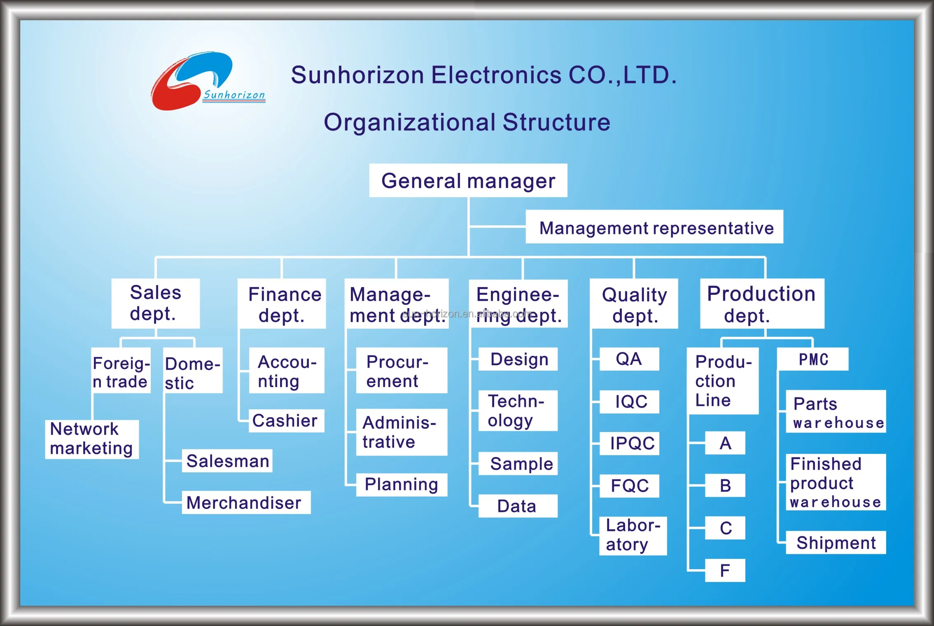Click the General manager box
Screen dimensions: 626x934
click(468, 181)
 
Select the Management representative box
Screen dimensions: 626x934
click(654, 227)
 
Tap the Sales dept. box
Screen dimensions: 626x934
click(156, 304)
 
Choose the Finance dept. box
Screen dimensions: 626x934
click(282, 304)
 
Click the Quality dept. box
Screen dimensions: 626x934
click(634, 304)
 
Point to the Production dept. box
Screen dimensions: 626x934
click(762, 304)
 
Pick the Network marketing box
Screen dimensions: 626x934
click(92, 439)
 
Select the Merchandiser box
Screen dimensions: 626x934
click(246, 502)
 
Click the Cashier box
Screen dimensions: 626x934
click(286, 420)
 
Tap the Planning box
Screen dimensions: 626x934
click(402, 485)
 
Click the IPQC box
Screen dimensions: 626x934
click(629, 443)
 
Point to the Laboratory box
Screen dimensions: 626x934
click(633, 535)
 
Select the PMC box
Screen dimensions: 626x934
click(813, 359)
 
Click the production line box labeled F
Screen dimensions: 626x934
click(725, 570)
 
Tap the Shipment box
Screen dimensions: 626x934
click(836, 542)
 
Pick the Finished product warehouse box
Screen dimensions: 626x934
click(836, 482)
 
